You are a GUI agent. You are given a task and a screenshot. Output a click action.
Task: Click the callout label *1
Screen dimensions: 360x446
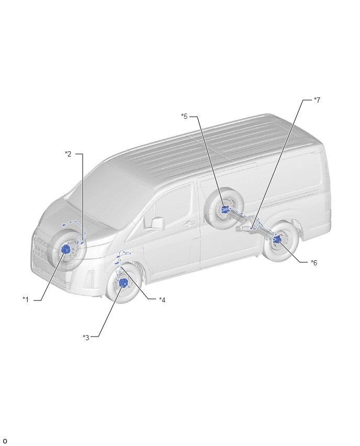(26, 299)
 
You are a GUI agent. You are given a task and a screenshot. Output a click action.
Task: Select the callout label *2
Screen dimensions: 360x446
(68, 154)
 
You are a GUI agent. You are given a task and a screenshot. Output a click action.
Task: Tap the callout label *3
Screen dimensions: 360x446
(86, 337)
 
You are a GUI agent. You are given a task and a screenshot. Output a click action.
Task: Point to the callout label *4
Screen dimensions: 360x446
(162, 299)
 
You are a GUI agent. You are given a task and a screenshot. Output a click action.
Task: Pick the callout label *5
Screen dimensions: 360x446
(184, 116)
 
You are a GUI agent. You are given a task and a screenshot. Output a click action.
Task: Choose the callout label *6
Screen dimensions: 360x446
(314, 263)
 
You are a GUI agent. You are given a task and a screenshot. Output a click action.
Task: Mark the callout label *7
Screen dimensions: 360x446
(317, 100)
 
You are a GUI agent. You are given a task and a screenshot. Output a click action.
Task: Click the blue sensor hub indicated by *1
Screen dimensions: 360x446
(66, 250)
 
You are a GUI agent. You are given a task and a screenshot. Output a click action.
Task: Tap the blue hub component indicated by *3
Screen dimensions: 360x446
(123, 283)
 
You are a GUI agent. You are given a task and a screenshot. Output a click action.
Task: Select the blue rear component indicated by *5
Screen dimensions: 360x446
(225, 209)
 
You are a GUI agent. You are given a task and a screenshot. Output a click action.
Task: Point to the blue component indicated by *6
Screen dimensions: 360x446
(276, 240)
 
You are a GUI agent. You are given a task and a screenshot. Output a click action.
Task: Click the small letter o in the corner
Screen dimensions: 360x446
(5, 441)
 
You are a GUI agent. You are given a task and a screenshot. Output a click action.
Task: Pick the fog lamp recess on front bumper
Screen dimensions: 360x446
(90, 277)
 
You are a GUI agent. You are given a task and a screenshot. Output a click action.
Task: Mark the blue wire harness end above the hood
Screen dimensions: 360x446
(63, 225)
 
